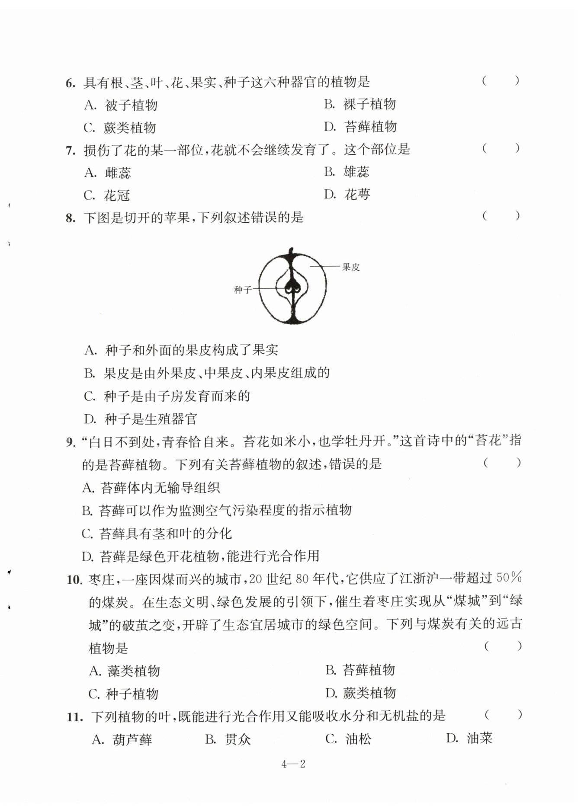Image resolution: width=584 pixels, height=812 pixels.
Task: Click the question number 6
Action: point(70,83)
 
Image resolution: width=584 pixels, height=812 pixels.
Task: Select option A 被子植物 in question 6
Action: point(121,105)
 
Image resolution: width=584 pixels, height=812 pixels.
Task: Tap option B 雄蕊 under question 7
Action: point(347,172)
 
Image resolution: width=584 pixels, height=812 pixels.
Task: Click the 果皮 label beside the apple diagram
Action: point(350,267)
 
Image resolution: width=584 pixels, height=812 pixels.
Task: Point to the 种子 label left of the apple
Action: point(243,290)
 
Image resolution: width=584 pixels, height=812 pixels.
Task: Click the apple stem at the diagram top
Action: point(291,252)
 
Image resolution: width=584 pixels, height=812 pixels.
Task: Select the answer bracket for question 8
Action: point(501,216)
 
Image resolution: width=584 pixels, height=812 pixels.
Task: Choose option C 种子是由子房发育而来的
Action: point(167,396)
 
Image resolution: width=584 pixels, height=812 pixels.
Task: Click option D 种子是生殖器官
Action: point(141,419)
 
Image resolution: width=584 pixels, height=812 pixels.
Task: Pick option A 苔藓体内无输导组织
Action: point(151,488)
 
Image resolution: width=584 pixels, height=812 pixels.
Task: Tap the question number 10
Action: point(74,579)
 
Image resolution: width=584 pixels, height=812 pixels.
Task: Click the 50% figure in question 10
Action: point(509,577)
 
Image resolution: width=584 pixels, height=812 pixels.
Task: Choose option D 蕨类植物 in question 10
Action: point(360,693)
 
